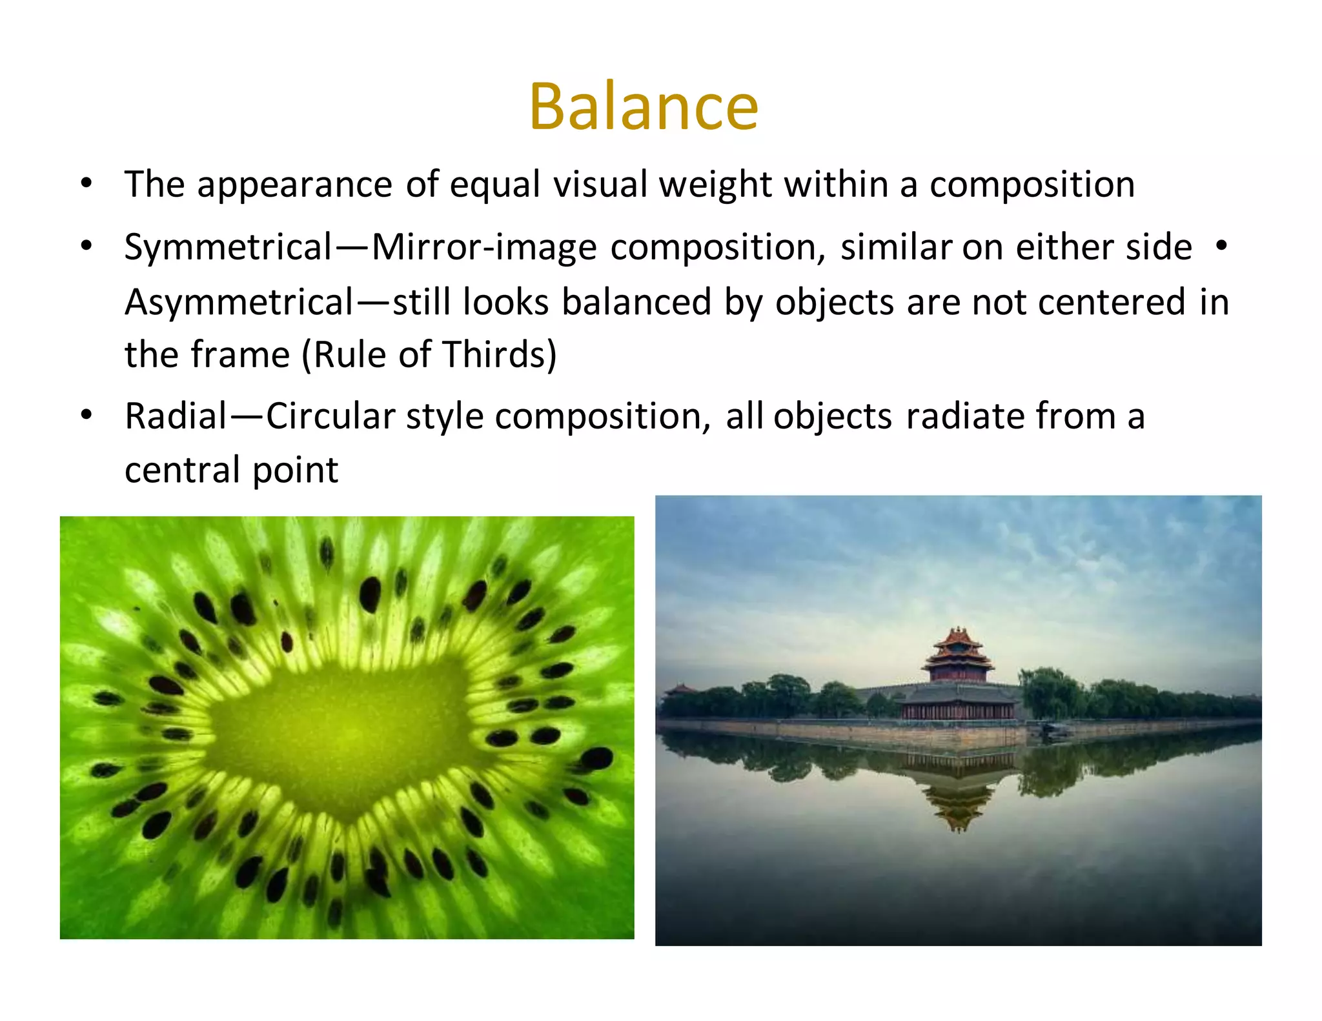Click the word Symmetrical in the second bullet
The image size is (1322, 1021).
coord(228,247)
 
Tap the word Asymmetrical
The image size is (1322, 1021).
coord(239,302)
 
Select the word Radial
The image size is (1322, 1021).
coord(176,416)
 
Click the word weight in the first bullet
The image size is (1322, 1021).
coord(715,185)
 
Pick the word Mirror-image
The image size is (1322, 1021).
coord(484,247)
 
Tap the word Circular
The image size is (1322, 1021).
coord(330,416)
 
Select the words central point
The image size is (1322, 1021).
coord(231,470)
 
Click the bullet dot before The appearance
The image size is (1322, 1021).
coord(86,183)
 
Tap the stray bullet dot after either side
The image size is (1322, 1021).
coord(1219,246)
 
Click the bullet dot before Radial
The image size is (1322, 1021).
coord(86,415)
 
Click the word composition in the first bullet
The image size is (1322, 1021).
coord(1032,185)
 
